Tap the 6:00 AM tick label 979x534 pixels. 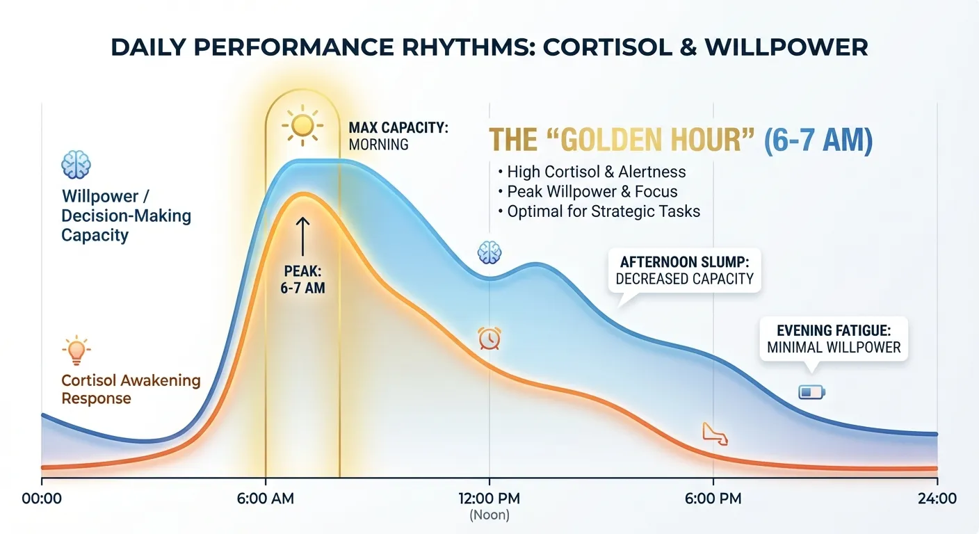tap(266, 499)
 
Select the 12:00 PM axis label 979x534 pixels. tap(489, 499)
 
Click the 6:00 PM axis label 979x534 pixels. tap(713, 499)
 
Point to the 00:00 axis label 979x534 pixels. tap(42, 499)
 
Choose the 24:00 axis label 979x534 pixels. tap(937, 499)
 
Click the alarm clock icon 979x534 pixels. tap(489, 338)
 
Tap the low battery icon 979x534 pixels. tap(811, 394)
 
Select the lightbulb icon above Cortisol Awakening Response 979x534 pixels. tap(76, 350)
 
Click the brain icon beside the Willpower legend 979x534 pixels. tap(76, 165)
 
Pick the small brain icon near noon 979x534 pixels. tap(489, 252)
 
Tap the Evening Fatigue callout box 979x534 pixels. tap(834, 339)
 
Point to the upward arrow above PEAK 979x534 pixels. tap(303, 235)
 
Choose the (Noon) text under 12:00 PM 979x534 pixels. tap(489, 515)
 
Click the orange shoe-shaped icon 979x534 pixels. tap(714, 434)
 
